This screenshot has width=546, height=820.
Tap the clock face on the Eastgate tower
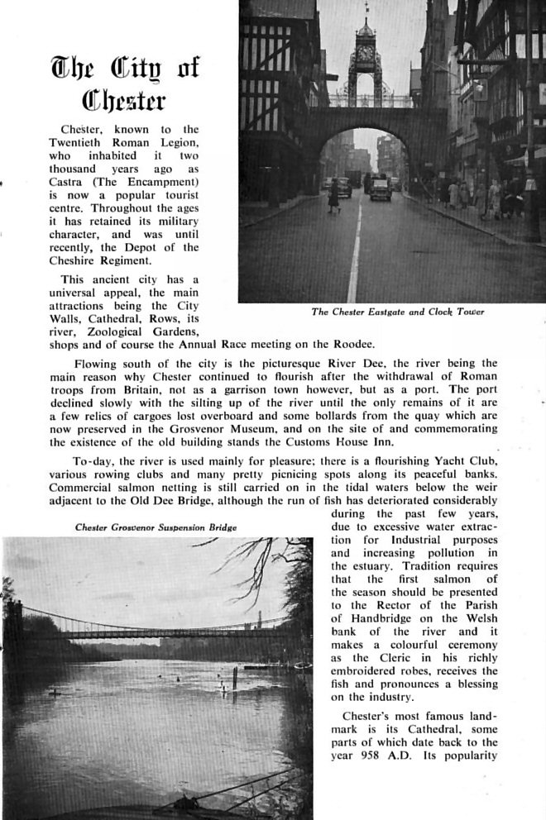tap(365, 56)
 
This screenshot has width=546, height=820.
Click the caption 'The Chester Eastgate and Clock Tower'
tap(397, 312)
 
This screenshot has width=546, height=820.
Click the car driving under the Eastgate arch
tap(380, 188)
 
